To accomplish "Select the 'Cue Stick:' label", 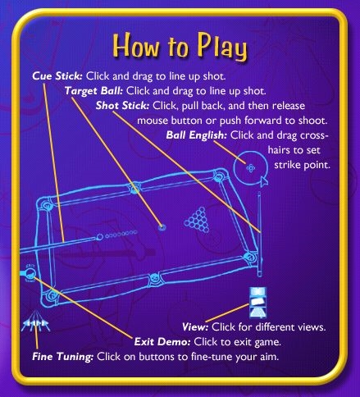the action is click(57, 76).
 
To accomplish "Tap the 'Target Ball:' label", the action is click(93, 91).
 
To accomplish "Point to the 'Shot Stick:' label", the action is click(122, 106).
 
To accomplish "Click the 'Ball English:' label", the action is click(196, 135).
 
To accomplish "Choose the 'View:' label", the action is click(195, 327).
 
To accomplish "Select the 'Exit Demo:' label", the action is click(162, 342).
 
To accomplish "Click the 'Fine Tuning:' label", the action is click(63, 357).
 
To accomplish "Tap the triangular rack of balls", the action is click(197, 221).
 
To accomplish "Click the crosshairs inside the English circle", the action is click(250, 168).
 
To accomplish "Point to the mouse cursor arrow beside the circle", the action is click(264, 181).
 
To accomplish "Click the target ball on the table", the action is click(162, 227).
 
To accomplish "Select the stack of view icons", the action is click(257, 303).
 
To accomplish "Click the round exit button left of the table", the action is click(30, 273).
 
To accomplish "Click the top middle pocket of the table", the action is click(134, 189).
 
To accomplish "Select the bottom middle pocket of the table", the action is click(154, 280).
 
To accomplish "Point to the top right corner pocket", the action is click(219, 177).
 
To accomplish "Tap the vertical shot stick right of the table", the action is click(259, 234).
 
